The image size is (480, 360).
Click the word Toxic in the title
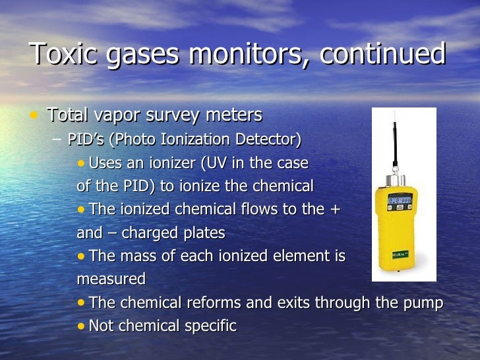click(x=60, y=55)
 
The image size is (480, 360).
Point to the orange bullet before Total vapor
click(x=34, y=115)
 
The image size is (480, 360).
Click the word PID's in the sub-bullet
click(x=86, y=140)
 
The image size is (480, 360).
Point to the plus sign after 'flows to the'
click(x=334, y=210)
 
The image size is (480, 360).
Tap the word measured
click(x=111, y=280)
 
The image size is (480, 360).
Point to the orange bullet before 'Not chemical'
click(x=80, y=326)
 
